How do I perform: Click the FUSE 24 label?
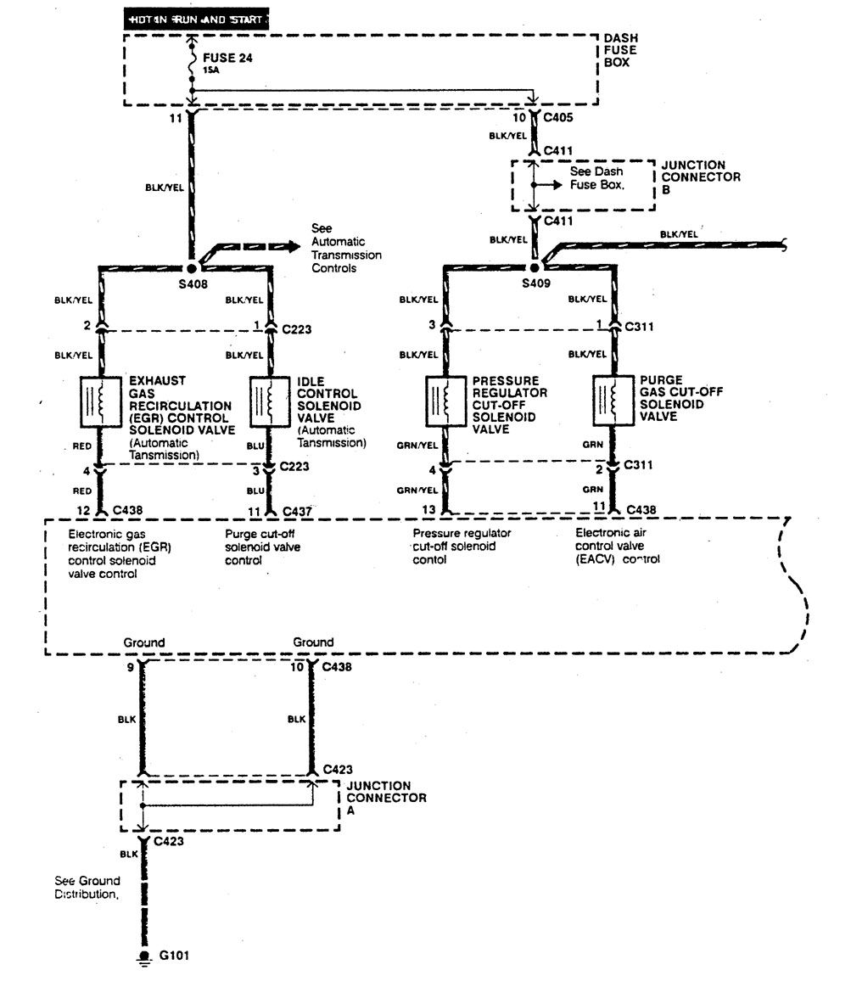(229, 59)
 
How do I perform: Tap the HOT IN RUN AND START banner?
(198, 18)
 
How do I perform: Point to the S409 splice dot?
(535, 266)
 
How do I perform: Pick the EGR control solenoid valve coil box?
(98, 401)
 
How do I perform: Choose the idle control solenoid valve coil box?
(270, 401)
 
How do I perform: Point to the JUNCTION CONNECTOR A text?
(386, 797)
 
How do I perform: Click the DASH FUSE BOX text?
(620, 51)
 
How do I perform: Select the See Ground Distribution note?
(88, 888)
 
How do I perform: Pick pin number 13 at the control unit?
(430, 510)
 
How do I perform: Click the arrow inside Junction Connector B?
(549, 184)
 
